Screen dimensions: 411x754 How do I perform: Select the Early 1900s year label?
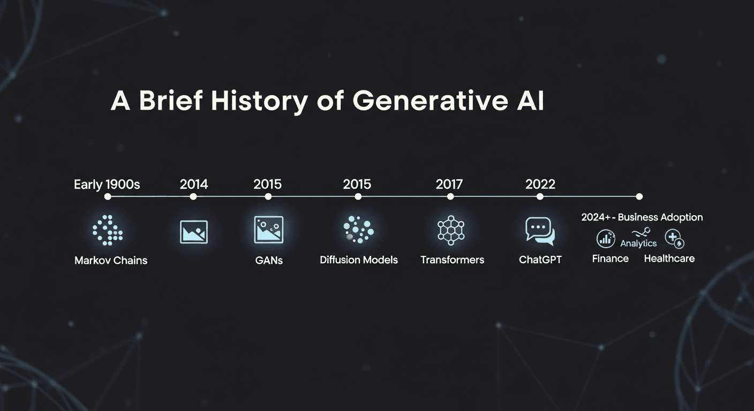pos(107,185)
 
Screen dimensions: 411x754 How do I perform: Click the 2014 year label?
pos(194,185)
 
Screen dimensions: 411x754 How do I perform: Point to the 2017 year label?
pos(450,185)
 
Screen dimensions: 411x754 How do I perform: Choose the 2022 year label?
pos(540,185)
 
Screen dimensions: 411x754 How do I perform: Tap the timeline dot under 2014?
pos(194,197)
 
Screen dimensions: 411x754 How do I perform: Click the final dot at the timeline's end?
pos(639,197)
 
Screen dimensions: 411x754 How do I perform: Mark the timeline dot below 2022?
pos(540,197)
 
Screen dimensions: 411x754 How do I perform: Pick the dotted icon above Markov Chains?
pos(108,231)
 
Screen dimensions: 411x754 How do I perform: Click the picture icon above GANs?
pos(268,230)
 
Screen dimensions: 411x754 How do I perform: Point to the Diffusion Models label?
pos(359,260)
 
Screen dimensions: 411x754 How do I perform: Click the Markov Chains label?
pos(111,261)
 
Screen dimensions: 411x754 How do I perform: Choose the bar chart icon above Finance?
pos(606,239)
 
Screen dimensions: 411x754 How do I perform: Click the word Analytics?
pos(638,243)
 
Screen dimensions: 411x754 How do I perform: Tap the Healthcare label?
pos(669,258)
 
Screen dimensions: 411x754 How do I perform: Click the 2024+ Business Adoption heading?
pos(642,217)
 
